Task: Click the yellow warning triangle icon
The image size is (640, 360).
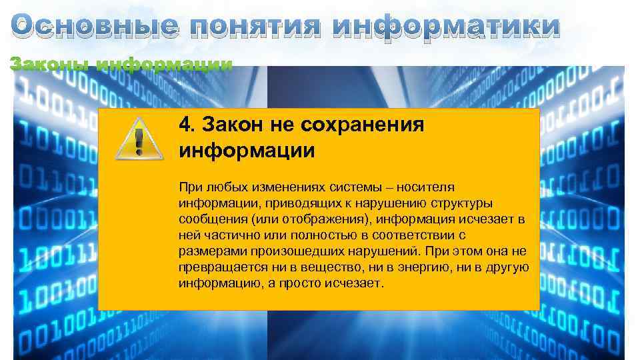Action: click(139, 139)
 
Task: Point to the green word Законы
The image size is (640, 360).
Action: click(50, 65)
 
